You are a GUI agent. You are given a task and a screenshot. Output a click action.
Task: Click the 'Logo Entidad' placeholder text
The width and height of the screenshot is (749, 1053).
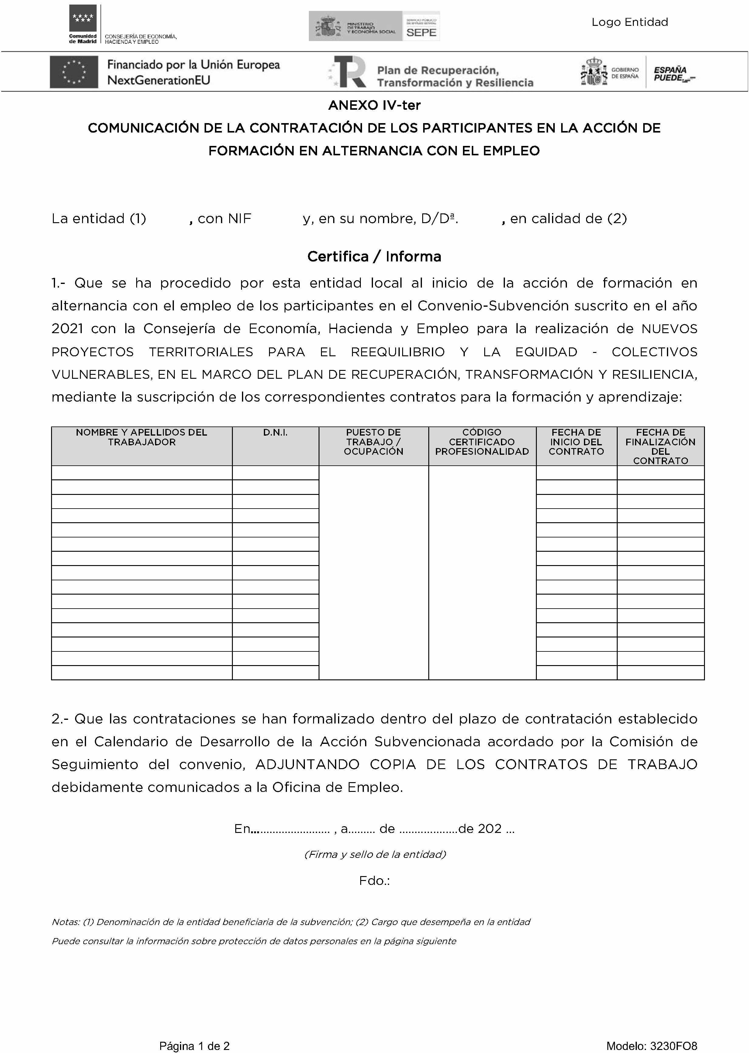click(630, 22)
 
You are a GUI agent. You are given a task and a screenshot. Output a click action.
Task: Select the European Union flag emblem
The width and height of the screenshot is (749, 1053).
click(74, 72)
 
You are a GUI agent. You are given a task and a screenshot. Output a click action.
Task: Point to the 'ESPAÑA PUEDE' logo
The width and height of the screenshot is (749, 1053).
click(671, 74)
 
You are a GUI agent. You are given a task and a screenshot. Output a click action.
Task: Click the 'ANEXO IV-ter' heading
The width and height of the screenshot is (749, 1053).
click(374, 105)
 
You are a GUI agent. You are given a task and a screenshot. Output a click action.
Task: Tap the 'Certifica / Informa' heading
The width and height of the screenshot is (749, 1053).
click(374, 257)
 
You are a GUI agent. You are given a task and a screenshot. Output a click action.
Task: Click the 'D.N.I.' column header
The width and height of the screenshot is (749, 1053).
click(275, 433)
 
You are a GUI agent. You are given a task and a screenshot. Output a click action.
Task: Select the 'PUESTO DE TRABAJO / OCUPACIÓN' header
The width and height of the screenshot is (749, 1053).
click(374, 442)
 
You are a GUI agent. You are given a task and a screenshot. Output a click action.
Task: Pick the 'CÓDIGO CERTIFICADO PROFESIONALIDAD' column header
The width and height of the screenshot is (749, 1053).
click(482, 442)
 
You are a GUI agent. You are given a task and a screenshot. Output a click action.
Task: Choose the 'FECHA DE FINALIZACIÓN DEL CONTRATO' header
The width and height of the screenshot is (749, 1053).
click(661, 447)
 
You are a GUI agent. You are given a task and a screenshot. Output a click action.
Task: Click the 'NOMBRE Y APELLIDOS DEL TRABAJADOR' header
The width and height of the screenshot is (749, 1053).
click(142, 437)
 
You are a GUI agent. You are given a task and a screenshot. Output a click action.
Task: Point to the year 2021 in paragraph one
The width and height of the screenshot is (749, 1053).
click(67, 329)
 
